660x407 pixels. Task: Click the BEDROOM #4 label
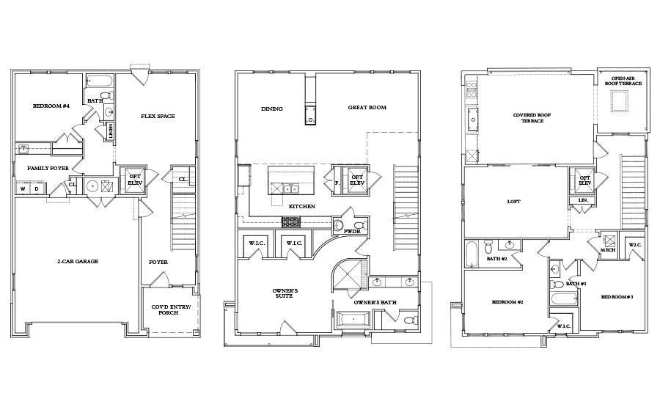[x=51, y=106]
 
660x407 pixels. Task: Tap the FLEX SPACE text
[x=158, y=116]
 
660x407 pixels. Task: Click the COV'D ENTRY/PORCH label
[x=170, y=309]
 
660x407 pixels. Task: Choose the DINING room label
[x=272, y=109]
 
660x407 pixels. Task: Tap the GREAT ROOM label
[x=367, y=108]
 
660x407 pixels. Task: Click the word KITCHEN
[x=301, y=207]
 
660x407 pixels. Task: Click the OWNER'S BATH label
[x=375, y=302]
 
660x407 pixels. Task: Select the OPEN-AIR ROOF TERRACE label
[x=623, y=81]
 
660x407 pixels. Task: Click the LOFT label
[x=513, y=201]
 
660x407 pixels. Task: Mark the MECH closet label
[x=608, y=250]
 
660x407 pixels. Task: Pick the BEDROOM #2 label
[x=506, y=302]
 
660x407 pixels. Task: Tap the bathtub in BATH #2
[x=472, y=254]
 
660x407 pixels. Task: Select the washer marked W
[x=22, y=188]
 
